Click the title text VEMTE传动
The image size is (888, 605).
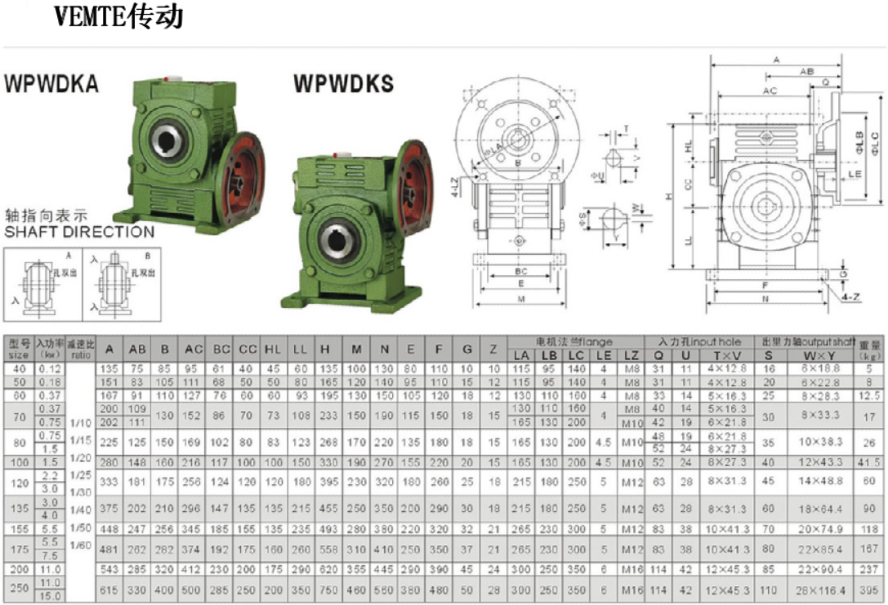coord(118,16)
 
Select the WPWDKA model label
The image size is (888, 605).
coord(51,83)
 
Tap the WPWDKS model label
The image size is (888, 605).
coord(343,83)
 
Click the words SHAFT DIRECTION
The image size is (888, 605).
coord(78,232)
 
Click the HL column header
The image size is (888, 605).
coord(273,349)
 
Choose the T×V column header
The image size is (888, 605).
coord(726,355)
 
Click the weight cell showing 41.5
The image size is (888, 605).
coord(870,461)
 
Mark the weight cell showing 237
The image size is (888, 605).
coord(870,568)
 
